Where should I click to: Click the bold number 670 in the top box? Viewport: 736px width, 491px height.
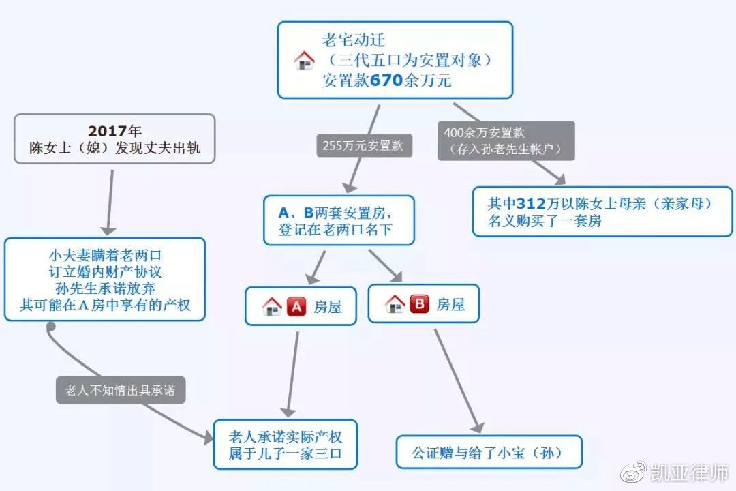click(386, 80)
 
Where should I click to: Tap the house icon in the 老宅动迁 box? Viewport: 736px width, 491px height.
click(304, 61)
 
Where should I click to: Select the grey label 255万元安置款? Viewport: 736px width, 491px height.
click(364, 146)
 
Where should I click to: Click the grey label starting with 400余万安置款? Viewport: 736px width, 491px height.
click(506, 141)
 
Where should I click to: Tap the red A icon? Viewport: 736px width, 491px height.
click(296, 307)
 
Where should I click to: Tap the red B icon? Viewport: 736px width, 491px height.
click(419, 304)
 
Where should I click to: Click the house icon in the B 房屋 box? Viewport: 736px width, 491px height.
click(395, 304)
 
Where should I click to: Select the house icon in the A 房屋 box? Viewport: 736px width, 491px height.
click(271, 307)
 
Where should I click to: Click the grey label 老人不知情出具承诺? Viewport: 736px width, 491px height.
click(121, 390)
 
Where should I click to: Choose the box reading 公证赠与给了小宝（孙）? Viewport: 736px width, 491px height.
click(489, 452)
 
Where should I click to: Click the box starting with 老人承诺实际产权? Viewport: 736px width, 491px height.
click(286, 445)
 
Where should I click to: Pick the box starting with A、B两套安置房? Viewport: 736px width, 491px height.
click(339, 220)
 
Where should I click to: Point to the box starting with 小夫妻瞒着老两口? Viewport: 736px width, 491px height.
click(105, 280)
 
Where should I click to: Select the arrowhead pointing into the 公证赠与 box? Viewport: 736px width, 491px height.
click(478, 427)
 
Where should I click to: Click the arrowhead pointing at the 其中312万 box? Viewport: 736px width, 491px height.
click(560, 179)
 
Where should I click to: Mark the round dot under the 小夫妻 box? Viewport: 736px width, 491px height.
click(51, 327)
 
